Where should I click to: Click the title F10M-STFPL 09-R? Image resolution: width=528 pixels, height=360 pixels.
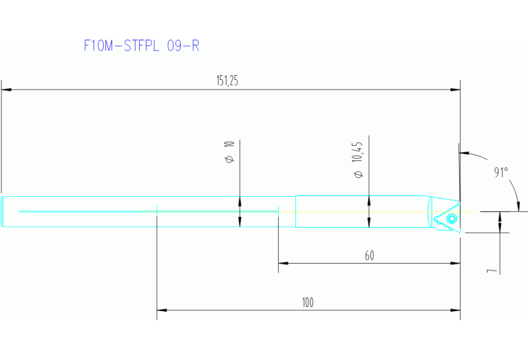tap(141, 46)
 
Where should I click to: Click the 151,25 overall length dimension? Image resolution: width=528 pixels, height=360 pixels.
tap(227, 81)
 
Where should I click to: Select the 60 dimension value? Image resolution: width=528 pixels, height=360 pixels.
tap(370, 255)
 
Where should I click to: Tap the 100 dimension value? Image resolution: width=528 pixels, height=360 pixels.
tap(307, 302)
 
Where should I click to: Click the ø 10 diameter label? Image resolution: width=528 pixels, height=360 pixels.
tap(230, 152)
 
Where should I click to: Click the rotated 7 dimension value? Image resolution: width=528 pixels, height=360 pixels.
tap(491, 270)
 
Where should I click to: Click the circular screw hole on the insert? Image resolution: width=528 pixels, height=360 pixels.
tap(451, 219)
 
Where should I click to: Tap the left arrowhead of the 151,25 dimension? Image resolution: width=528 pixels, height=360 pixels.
tap(6, 89)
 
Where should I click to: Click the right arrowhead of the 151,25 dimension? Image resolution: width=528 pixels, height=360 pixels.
tap(455, 89)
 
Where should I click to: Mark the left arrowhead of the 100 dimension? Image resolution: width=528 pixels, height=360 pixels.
tap(162, 310)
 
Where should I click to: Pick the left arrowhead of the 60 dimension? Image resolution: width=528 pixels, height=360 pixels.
tap(283, 263)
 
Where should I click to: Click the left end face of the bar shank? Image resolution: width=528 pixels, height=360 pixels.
tap(3, 211)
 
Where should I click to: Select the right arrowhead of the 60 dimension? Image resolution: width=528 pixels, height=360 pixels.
tap(455, 263)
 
